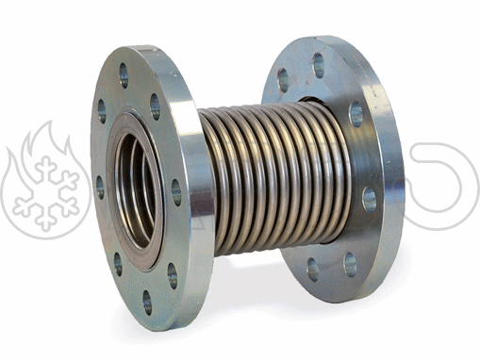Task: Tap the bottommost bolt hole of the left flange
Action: coord(147,302)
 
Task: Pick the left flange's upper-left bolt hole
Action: coord(102,111)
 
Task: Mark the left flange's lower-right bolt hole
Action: coord(173,275)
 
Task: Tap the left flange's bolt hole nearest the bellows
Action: coord(176,192)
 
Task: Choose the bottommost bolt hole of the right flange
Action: coord(313,269)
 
